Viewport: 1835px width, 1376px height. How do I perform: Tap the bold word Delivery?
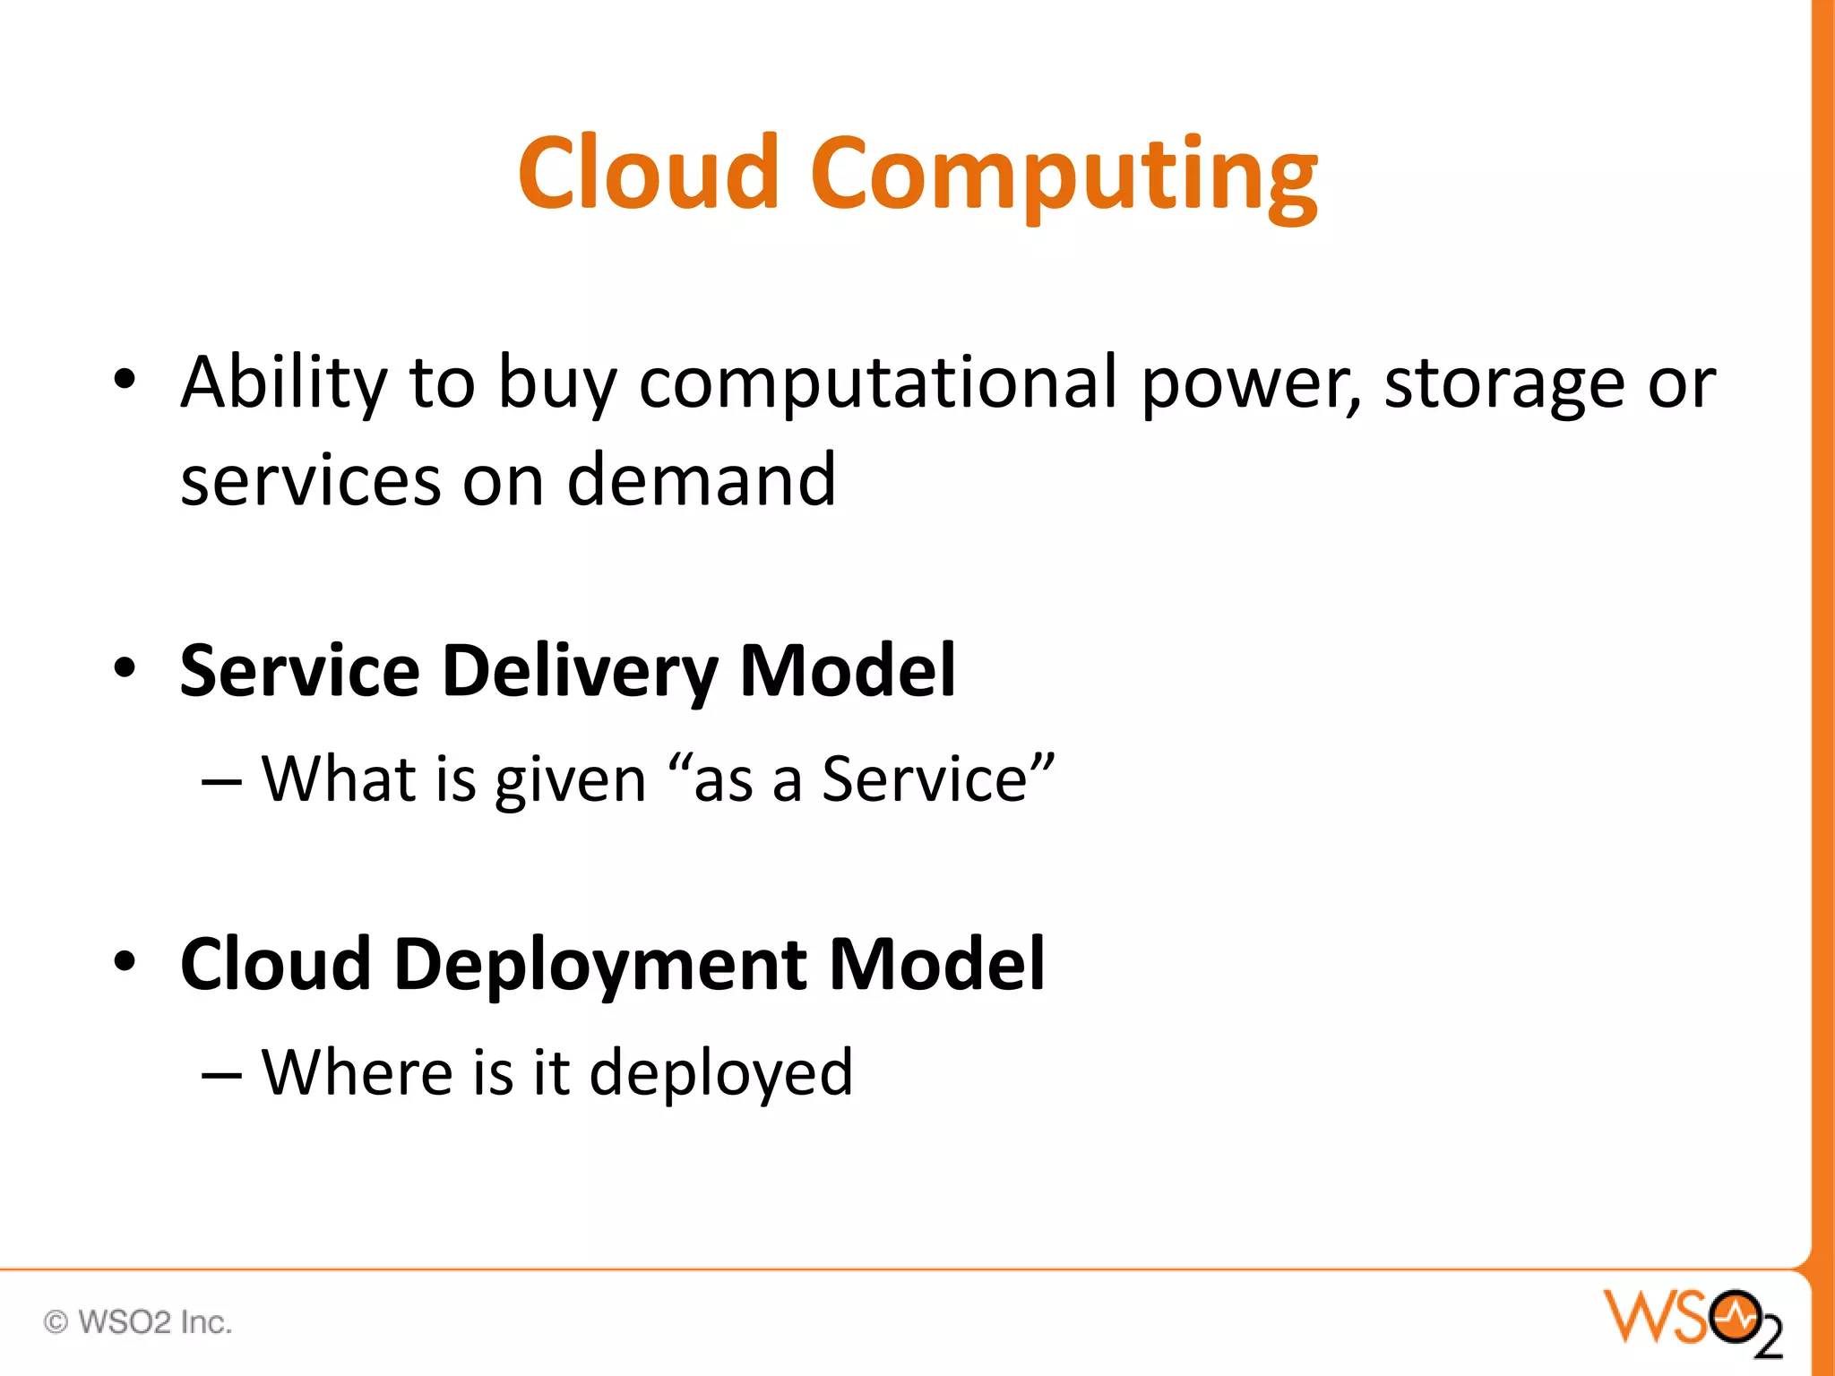[580, 672]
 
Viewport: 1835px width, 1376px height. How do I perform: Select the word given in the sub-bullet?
[571, 779]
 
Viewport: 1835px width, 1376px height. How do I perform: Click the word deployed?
[721, 1073]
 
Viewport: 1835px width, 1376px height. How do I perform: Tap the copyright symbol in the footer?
[56, 1322]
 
